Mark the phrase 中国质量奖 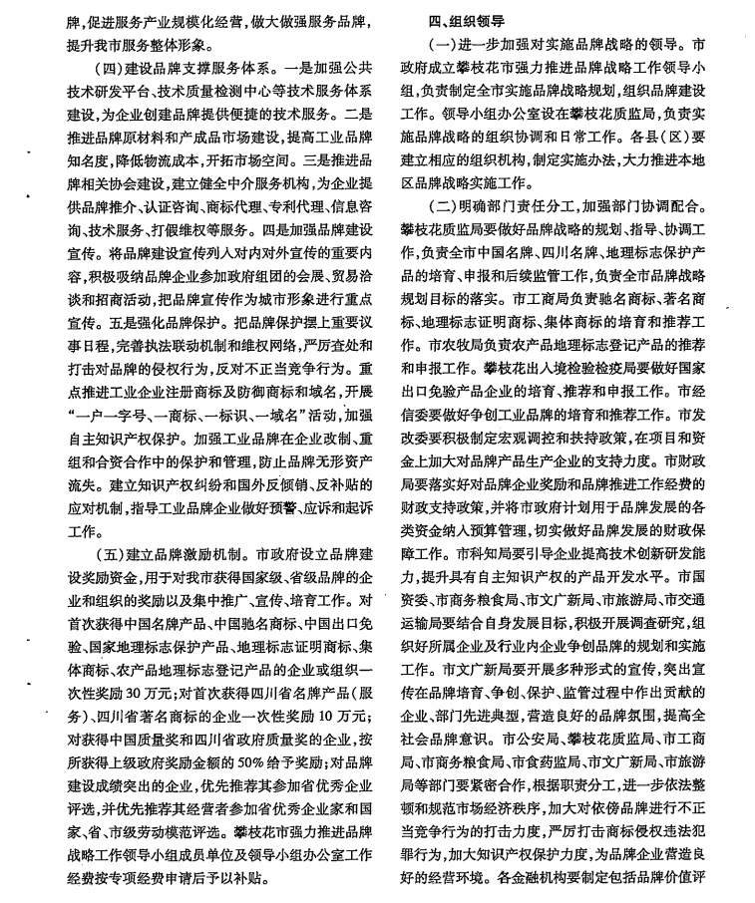click(x=154, y=740)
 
